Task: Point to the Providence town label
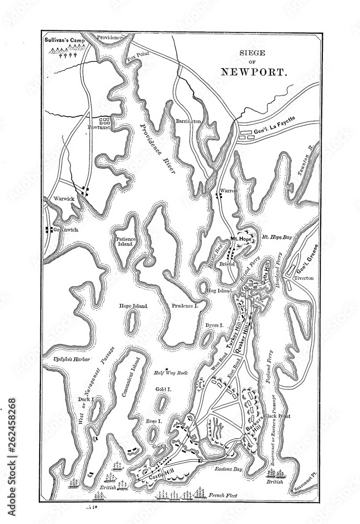pyautogui.click(x=109, y=38)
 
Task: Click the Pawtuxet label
pyautogui.click(x=98, y=127)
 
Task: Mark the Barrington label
pyautogui.click(x=189, y=121)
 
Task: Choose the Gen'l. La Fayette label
pyautogui.click(x=274, y=126)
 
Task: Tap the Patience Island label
pyautogui.click(x=126, y=242)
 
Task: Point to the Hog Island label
pyautogui.click(x=219, y=290)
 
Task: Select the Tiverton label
pyautogui.click(x=303, y=278)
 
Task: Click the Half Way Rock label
pyautogui.click(x=170, y=373)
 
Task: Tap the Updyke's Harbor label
pyautogui.click(x=72, y=359)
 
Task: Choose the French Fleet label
pyautogui.click(x=223, y=495)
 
